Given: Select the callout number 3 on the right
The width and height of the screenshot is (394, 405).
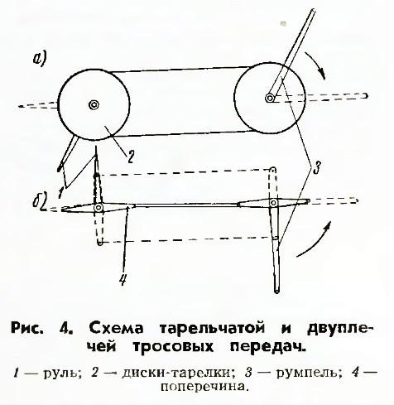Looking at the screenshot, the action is point(316,166).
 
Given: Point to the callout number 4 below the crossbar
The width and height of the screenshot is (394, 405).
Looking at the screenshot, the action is point(123,280).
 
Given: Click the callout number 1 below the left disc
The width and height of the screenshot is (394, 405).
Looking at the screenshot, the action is point(60,192).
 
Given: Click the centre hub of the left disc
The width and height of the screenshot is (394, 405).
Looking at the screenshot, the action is point(94,105).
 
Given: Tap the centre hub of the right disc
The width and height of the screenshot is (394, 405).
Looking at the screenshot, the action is point(270,98).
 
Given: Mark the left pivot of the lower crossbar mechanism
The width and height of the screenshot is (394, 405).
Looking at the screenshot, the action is point(98,207).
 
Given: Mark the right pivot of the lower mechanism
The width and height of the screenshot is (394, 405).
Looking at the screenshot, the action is point(273,203).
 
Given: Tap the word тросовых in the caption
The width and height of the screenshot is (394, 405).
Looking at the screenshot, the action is point(173,346).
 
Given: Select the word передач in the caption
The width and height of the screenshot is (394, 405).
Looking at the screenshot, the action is point(268,347).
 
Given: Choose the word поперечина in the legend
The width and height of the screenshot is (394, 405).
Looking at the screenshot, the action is point(203,386).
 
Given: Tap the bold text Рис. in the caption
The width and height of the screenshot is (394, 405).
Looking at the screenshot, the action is point(27,328).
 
